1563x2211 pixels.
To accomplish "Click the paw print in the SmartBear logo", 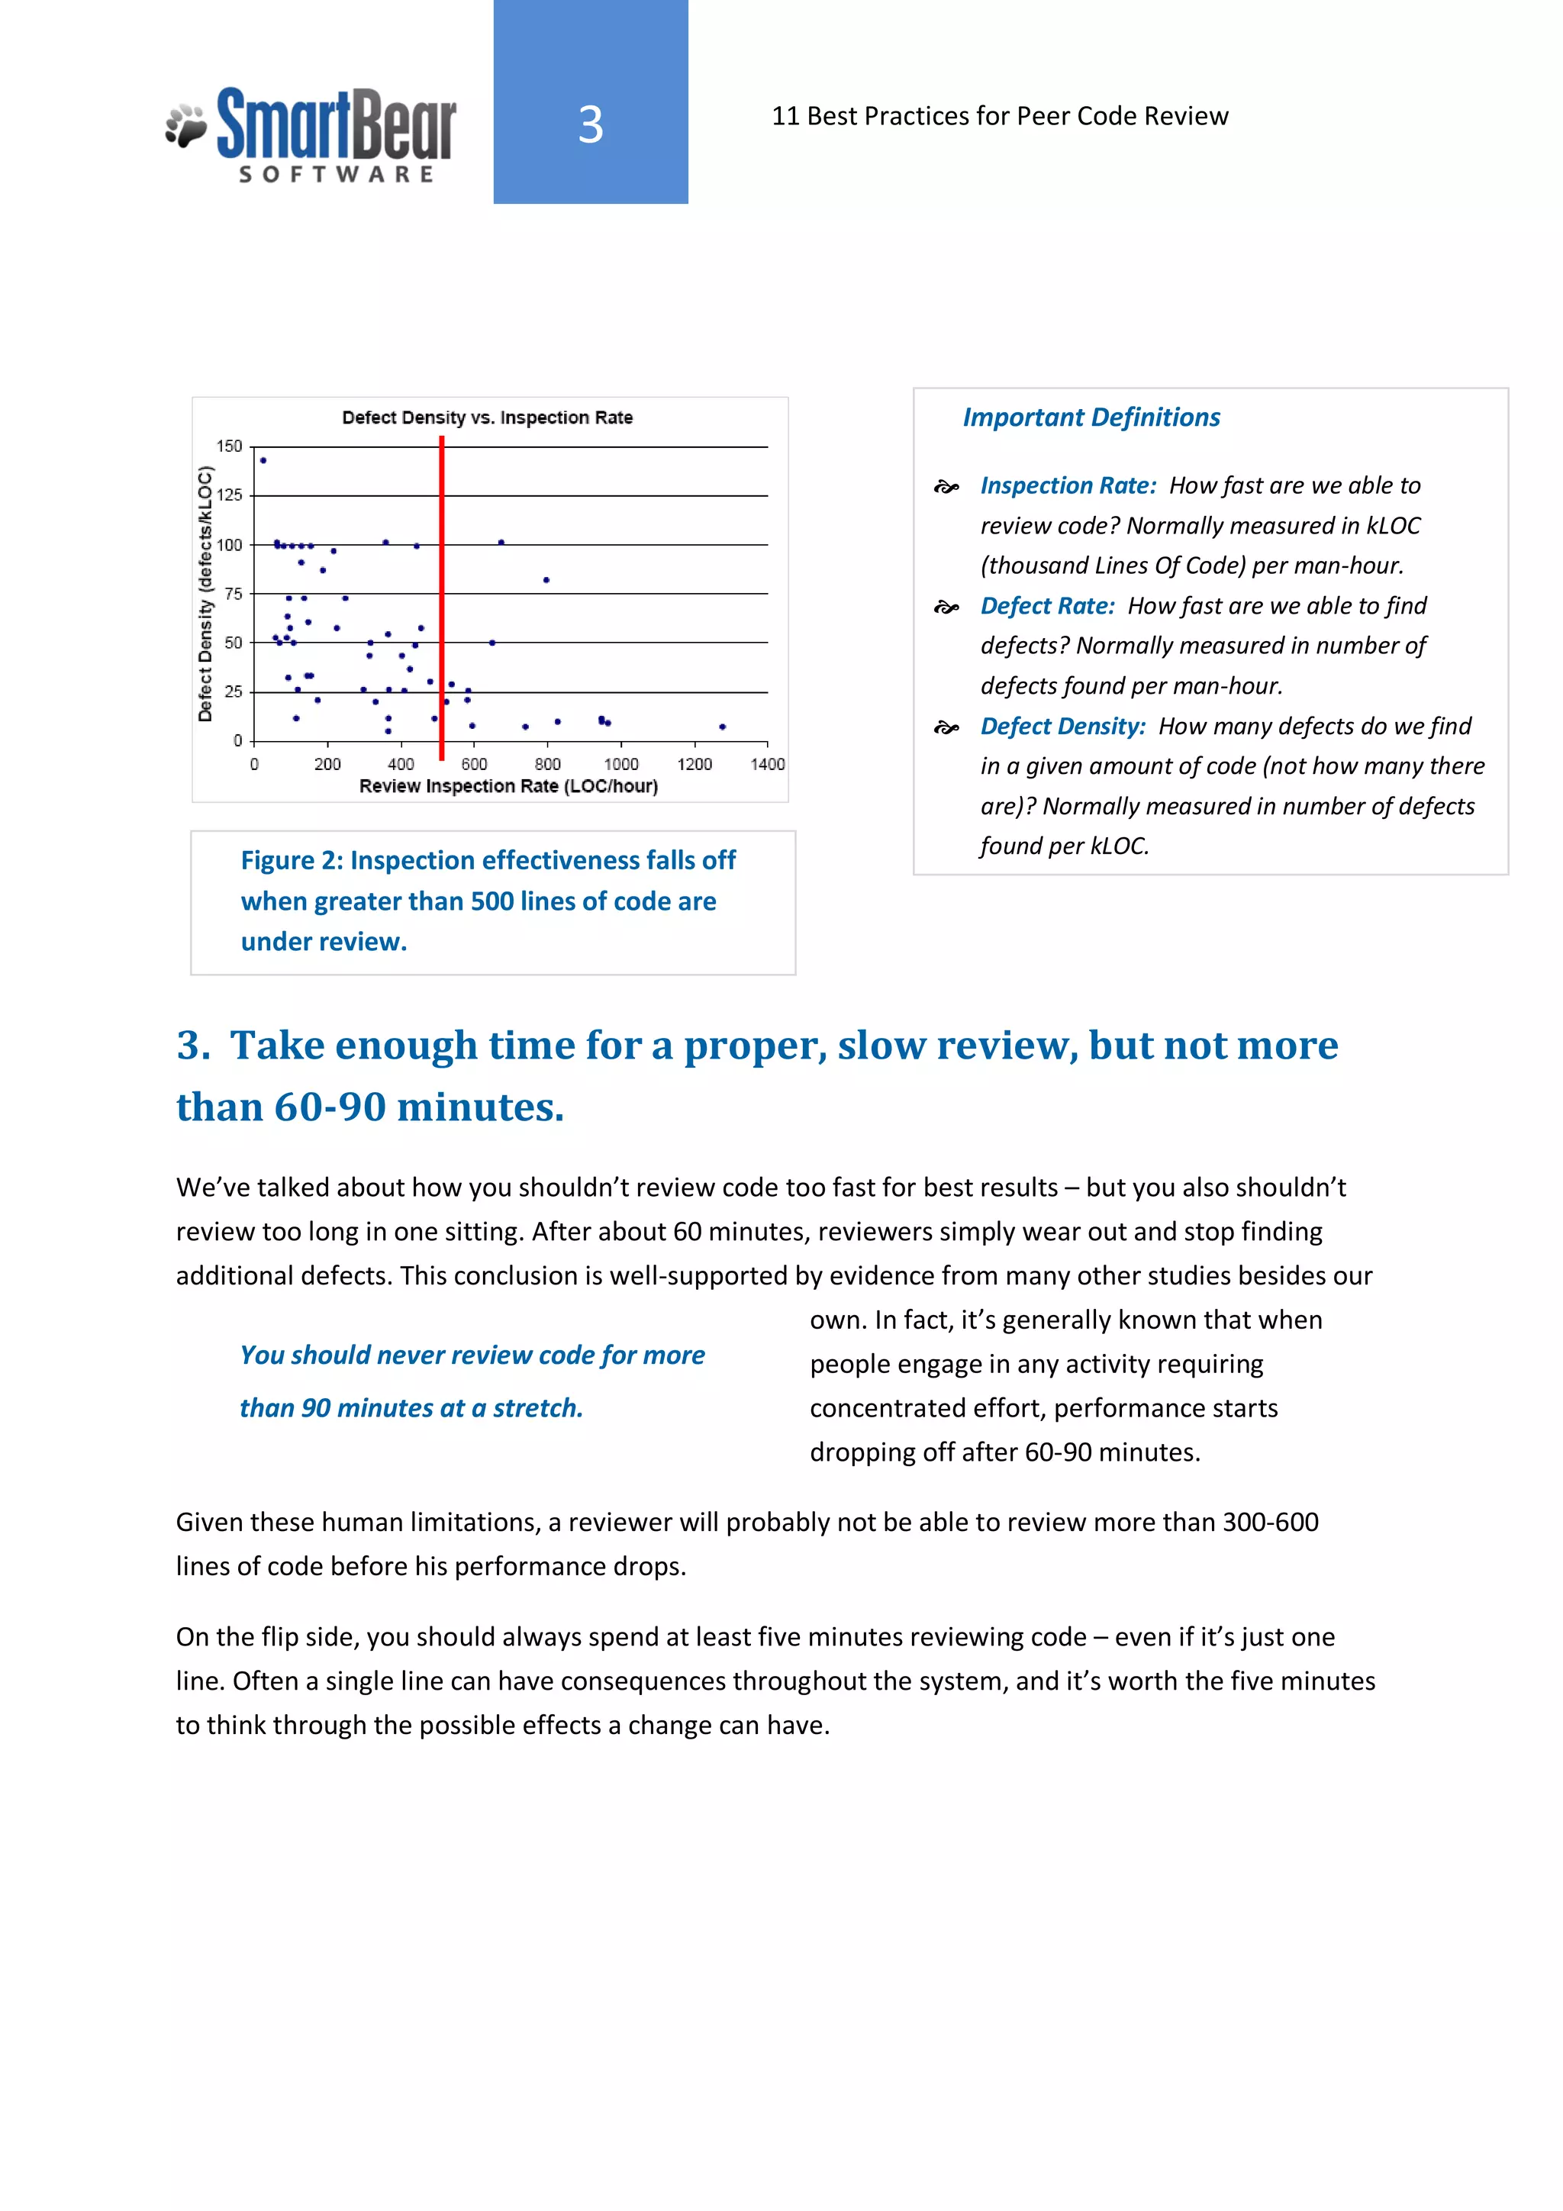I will click(187, 126).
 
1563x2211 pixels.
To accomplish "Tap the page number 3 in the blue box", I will click(591, 124).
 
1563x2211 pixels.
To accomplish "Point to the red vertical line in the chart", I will click(441, 597).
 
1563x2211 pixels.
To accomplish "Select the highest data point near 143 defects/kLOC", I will click(263, 460).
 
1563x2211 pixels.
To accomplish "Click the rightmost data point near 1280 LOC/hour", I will click(722, 727).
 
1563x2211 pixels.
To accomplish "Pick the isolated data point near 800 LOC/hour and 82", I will click(546, 580).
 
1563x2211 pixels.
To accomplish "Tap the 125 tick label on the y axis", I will click(229, 495).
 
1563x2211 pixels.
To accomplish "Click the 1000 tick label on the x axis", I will click(621, 765).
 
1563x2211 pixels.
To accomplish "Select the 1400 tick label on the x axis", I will click(768, 765).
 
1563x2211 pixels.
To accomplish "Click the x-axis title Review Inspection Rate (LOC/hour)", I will click(508, 787).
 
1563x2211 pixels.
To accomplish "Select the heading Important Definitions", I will click(1091, 417).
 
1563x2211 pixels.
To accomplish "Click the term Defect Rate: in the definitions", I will click(1047, 606).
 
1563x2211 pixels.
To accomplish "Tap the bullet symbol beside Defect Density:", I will click(946, 728).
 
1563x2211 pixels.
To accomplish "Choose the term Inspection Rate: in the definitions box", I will click(1068, 485).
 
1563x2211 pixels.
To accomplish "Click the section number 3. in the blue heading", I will click(194, 1046).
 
